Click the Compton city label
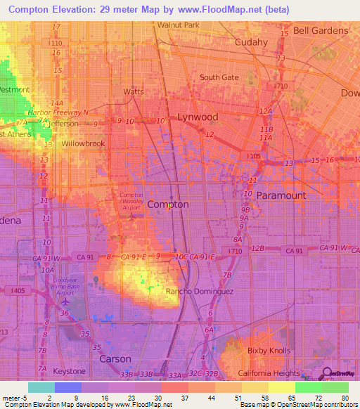click(167, 204)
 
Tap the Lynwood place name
click(197, 117)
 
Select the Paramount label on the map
click(281, 195)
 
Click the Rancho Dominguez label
click(194, 291)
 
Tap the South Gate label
click(219, 77)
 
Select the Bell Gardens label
click(321, 30)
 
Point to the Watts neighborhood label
click(134, 91)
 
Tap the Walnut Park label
click(179, 25)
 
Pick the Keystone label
click(70, 370)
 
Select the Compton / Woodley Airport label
click(131, 201)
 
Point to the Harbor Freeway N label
click(58, 112)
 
